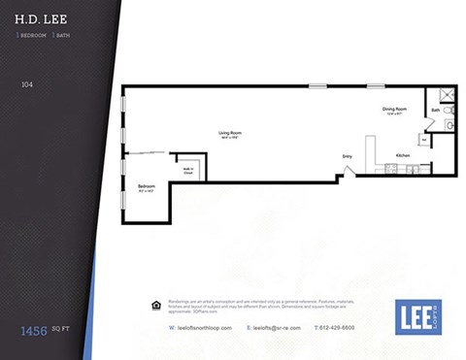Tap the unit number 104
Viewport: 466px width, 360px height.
[x=27, y=84]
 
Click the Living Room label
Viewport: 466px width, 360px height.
[x=230, y=134]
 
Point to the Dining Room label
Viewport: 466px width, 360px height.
[x=395, y=110]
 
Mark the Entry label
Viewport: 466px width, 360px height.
[x=347, y=156]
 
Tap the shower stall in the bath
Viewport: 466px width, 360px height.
[x=447, y=94]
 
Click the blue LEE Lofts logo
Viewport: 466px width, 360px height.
[x=418, y=317]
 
